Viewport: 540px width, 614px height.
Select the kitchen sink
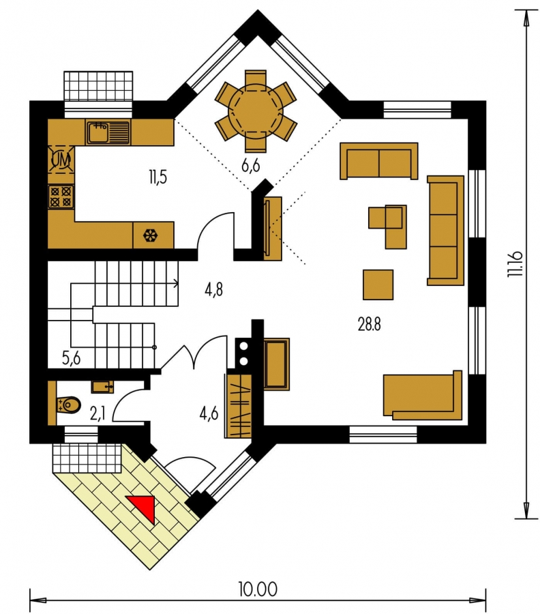point(108,132)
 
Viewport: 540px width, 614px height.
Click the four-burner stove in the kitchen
point(61,196)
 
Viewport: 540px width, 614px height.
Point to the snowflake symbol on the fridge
point(150,235)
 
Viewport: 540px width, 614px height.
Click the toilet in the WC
point(68,405)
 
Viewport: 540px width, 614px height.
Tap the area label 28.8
point(369,324)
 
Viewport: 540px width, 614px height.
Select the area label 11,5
point(157,177)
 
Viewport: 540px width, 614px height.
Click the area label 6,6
point(250,166)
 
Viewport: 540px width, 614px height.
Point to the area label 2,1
point(97,413)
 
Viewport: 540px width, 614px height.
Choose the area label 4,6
point(209,413)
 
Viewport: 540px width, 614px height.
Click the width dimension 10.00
point(258,589)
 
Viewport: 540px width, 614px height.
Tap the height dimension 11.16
point(515,264)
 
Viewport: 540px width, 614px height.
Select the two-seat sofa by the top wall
point(379,161)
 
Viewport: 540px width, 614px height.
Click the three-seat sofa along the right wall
point(445,231)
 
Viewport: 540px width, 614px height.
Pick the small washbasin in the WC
point(102,387)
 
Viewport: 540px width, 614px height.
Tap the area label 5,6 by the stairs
point(71,358)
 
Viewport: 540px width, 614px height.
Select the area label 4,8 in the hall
point(213,289)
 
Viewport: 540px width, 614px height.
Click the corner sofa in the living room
point(423,396)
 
